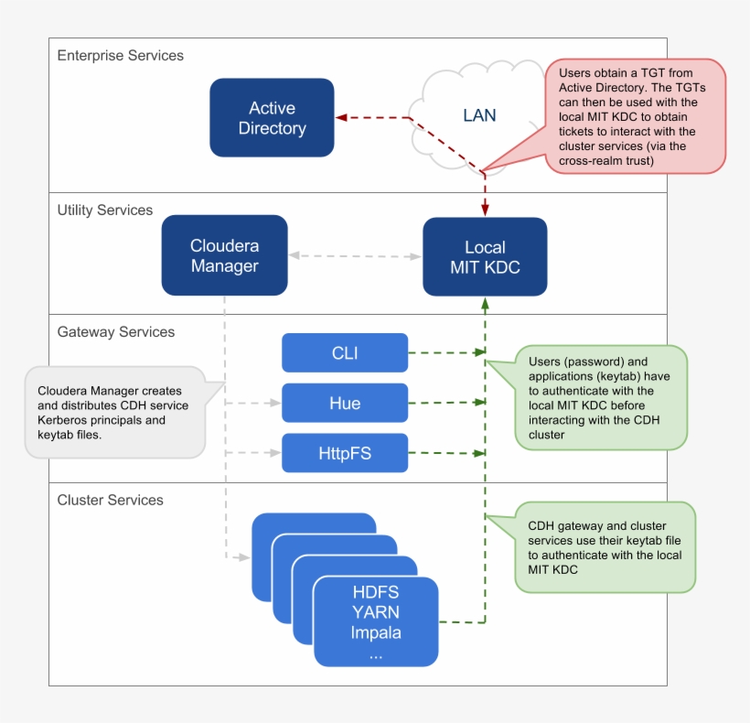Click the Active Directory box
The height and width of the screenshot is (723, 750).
pos(272,118)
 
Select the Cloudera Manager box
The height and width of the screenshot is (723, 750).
pos(224,255)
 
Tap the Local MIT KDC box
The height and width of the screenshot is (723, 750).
pos(485,257)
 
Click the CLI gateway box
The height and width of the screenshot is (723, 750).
pos(345,353)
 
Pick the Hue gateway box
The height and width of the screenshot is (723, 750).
pos(345,403)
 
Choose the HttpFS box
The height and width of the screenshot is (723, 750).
pos(345,453)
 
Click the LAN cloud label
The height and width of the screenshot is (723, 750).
pos(479,114)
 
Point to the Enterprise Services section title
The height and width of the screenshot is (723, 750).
pos(120,56)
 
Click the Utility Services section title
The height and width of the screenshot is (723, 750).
pos(104,210)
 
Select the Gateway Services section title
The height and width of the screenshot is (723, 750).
pos(115,332)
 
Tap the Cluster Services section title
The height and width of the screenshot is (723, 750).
pos(110,501)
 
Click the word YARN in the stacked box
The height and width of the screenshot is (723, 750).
pos(376,612)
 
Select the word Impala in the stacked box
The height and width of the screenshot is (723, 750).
pos(376,632)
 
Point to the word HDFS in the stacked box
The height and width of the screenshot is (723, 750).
pos(376,592)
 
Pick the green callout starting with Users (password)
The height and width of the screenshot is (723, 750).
pos(601,397)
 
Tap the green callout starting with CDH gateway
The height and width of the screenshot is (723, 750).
pos(604,547)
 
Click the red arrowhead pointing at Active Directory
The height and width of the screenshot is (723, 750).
pos(340,118)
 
